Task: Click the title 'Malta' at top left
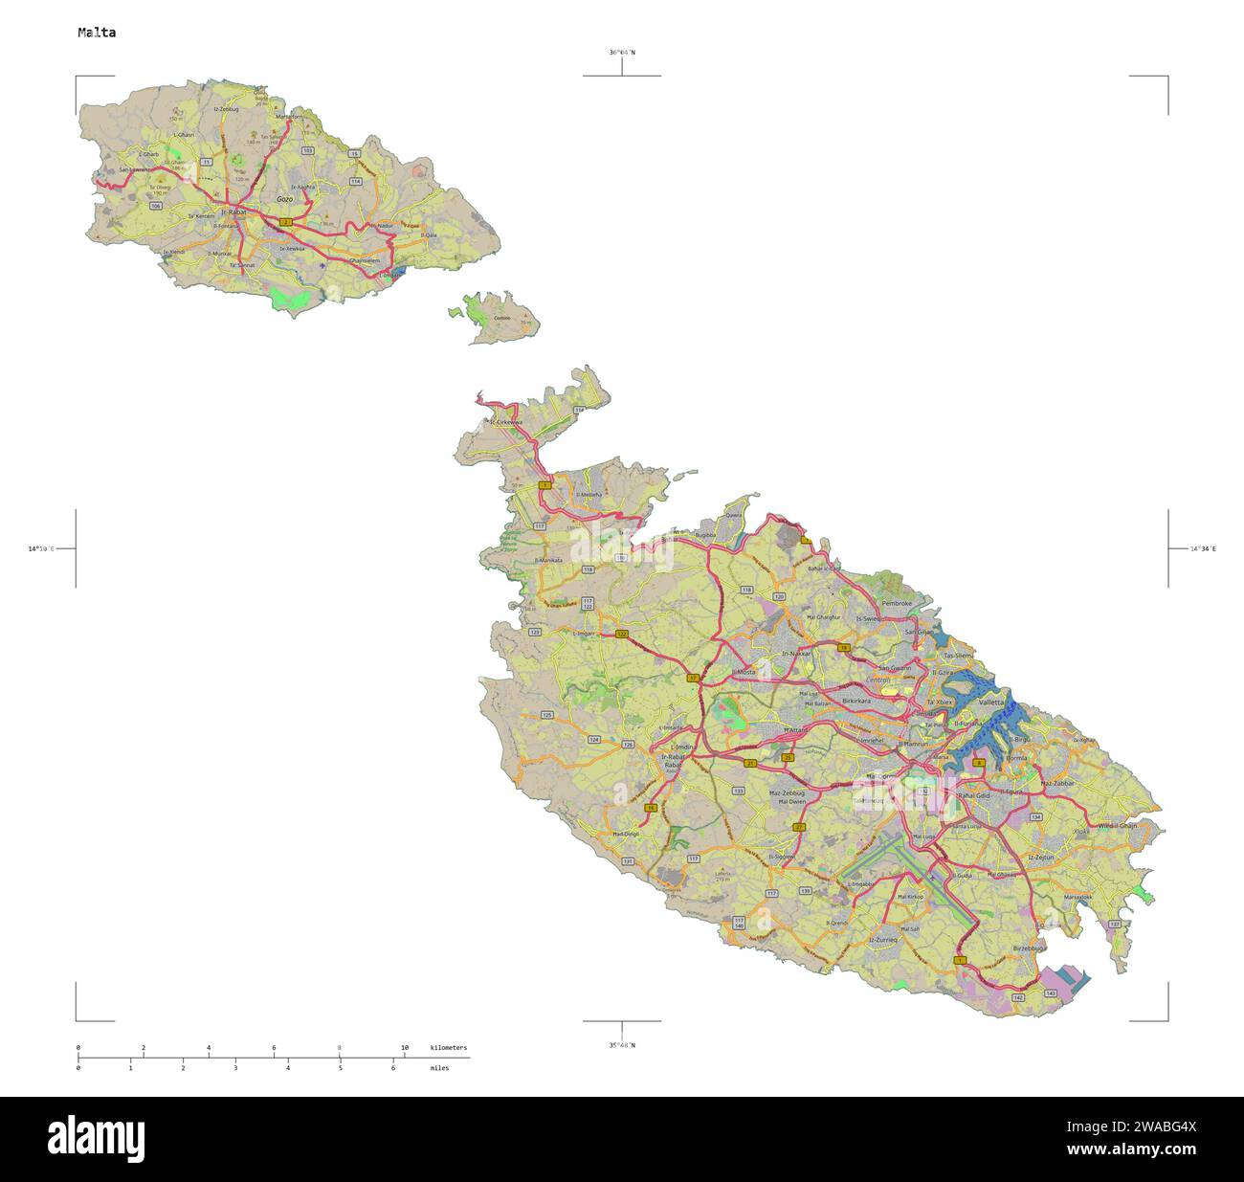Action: click(97, 33)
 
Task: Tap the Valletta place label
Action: click(991, 702)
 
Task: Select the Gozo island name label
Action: click(284, 199)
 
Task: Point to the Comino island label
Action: click(501, 319)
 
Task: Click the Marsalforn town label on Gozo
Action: click(288, 117)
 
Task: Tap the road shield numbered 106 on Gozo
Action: click(155, 206)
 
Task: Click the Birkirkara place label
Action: click(856, 701)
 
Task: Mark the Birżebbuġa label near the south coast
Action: click(1030, 948)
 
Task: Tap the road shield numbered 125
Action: click(546, 715)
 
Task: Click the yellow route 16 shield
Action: click(651, 809)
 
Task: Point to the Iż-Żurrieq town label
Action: click(882, 941)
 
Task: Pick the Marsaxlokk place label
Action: click(1077, 897)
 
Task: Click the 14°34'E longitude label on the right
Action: click(1203, 549)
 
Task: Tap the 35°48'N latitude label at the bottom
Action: click(621, 1045)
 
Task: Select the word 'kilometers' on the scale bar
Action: click(449, 1048)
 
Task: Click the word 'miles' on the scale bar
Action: click(439, 1067)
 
